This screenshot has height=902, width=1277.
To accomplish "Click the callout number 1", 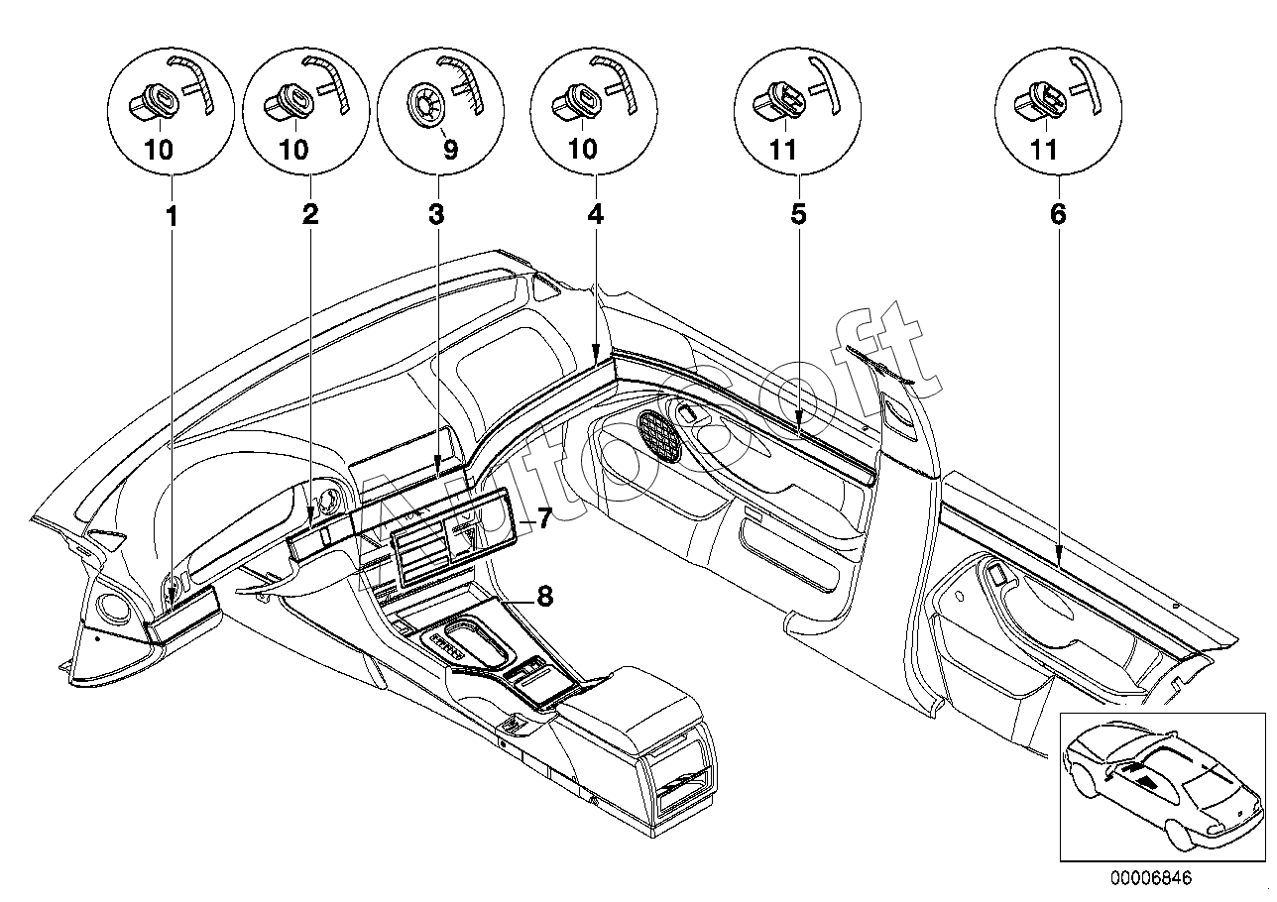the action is [172, 216].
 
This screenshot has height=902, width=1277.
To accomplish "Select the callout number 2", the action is [310, 215].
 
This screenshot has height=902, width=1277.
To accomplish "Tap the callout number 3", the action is [436, 215].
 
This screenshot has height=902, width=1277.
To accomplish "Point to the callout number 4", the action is [595, 215].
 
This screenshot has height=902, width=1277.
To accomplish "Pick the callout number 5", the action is [799, 215].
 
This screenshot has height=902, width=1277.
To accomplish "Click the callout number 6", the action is [1058, 215].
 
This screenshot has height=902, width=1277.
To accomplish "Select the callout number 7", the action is [544, 518].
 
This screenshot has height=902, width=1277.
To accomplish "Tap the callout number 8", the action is [545, 597].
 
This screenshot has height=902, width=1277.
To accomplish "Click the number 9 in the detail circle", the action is [450, 151].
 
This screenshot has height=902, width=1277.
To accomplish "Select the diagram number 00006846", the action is [1151, 878].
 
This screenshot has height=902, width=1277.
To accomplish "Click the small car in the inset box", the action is [1163, 782].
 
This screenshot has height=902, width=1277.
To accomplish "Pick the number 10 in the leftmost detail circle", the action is [159, 151].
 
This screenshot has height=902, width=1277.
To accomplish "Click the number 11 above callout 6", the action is [1044, 151].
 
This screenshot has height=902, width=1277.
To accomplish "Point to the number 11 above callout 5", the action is [783, 151].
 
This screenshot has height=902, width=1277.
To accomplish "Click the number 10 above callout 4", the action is [583, 151].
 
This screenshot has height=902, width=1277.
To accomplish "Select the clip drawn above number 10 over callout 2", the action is [288, 102].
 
